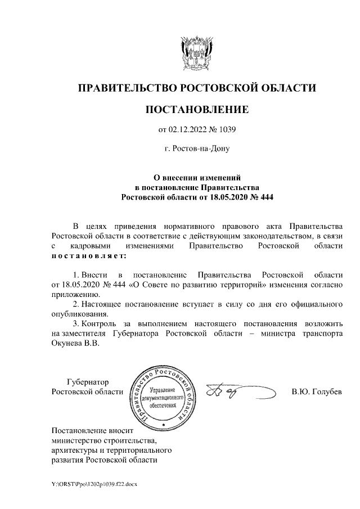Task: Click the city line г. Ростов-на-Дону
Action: (x=196, y=150)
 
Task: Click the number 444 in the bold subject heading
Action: (x=263, y=197)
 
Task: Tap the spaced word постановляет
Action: (x=89, y=256)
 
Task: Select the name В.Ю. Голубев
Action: (x=317, y=391)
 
